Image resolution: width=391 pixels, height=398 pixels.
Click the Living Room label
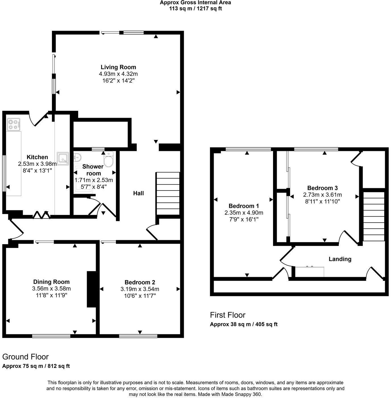point(118,67)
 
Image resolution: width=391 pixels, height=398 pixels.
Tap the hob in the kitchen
point(14,124)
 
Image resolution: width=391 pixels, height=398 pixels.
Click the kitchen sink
point(63,158)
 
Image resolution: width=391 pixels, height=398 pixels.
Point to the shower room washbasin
point(77,157)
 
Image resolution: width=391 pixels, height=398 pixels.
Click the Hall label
point(138,193)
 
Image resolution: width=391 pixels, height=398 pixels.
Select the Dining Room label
point(51,282)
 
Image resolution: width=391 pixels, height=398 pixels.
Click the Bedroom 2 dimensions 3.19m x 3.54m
point(140,289)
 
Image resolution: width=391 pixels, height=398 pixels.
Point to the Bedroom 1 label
point(244,206)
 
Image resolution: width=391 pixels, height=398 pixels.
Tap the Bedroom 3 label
point(322,188)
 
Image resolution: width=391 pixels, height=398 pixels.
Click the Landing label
point(340,259)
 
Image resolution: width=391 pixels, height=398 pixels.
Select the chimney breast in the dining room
point(91,289)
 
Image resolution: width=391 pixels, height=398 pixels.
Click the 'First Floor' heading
point(227,315)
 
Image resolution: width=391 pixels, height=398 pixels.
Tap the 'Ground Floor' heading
point(25,357)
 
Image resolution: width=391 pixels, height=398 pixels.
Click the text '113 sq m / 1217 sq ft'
point(195,9)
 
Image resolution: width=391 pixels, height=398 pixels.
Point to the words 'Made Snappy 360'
point(244,394)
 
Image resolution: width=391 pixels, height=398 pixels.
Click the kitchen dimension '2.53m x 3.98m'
point(37,164)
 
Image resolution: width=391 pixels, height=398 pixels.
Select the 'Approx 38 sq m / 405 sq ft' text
point(244,324)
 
